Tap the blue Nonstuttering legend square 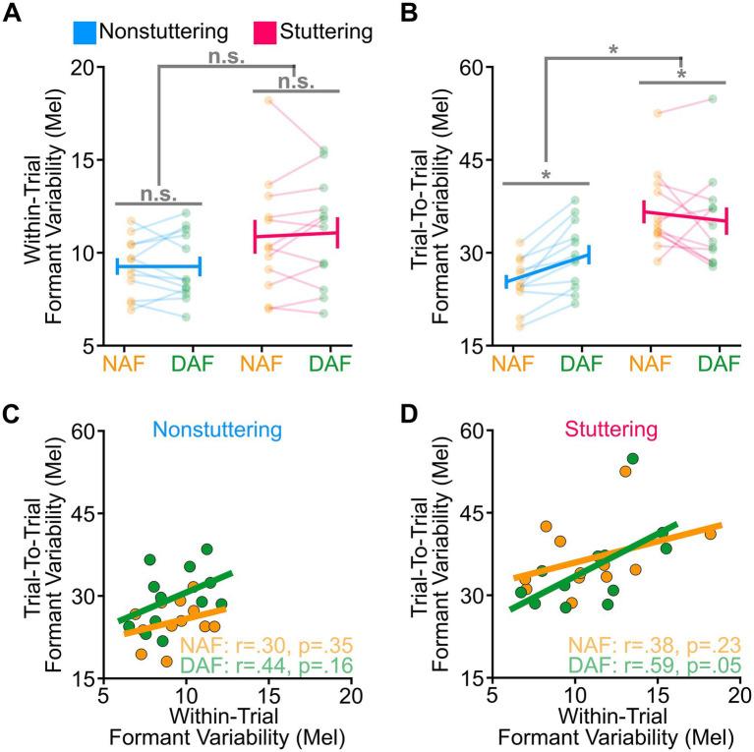[87, 32]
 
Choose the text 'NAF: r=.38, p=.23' [652, 645]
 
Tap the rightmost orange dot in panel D [710, 533]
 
